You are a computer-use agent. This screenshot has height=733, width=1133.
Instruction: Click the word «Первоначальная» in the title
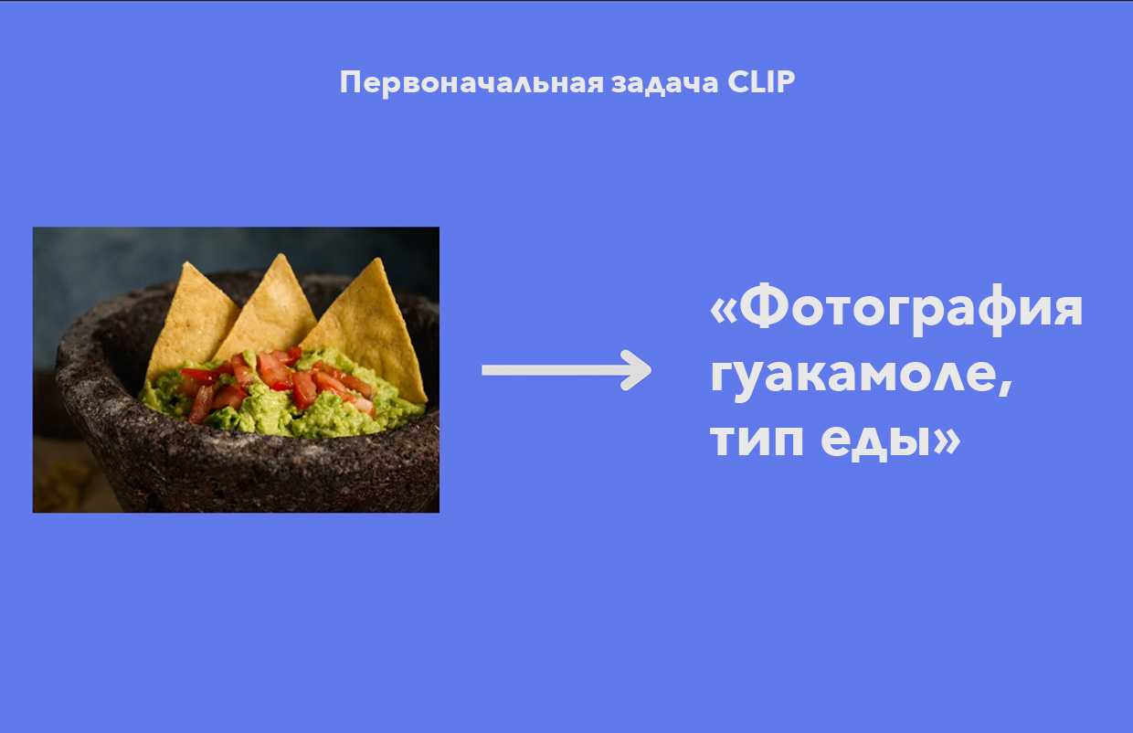[x=471, y=83]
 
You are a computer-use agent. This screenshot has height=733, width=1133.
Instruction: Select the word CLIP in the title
[x=761, y=82]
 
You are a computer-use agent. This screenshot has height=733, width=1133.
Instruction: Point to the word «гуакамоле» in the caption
[x=855, y=377]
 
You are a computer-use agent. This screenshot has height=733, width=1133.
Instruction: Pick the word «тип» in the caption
[x=757, y=441]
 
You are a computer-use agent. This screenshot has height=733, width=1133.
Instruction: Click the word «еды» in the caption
[x=876, y=442]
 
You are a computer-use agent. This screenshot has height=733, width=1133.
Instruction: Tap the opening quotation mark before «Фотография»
[x=723, y=309]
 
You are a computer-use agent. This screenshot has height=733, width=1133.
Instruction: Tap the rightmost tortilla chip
[x=371, y=329]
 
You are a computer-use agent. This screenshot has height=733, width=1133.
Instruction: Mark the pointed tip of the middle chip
[x=280, y=254]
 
